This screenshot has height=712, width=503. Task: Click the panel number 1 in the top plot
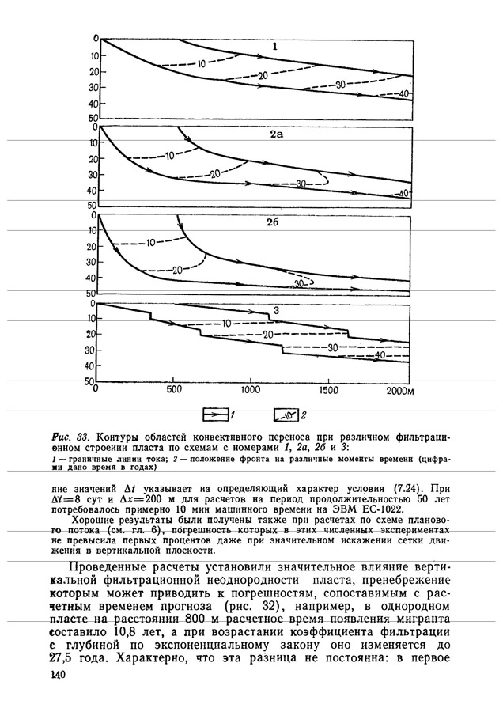(x=274, y=47)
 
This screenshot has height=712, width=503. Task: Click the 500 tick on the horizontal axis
(x=172, y=390)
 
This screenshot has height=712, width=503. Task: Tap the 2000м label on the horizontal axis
(x=399, y=390)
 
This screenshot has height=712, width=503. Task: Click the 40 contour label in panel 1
(x=403, y=94)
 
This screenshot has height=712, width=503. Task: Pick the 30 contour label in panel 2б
(x=300, y=282)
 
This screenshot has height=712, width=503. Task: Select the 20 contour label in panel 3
(x=269, y=335)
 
